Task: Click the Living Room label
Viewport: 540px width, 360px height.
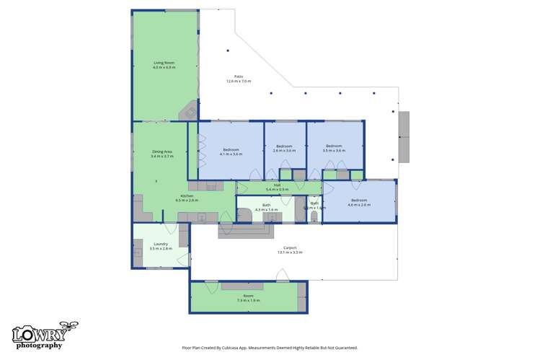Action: tap(164, 65)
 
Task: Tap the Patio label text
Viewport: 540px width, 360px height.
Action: tap(238, 79)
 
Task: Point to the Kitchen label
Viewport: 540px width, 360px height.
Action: tap(187, 198)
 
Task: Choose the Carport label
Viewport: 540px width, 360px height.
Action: tap(290, 250)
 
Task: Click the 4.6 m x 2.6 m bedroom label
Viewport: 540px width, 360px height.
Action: tap(359, 202)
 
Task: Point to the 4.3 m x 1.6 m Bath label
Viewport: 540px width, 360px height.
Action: tap(266, 207)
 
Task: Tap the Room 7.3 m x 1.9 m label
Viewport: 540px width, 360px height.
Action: tap(248, 298)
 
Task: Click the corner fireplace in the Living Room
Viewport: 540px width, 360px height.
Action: tap(188, 111)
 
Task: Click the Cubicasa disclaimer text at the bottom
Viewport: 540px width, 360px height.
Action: tap(270, 348)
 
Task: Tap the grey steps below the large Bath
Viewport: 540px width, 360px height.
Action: tap(246, 232)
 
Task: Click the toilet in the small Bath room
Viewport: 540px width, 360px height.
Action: tap(313, 216)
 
